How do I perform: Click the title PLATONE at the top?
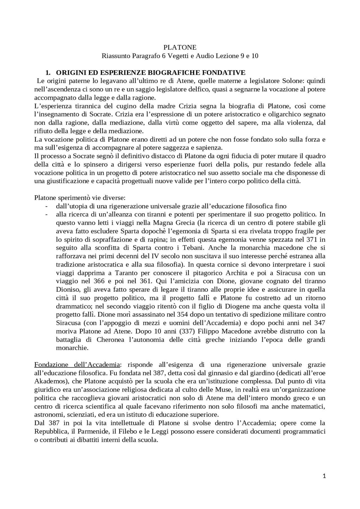click(180, 47)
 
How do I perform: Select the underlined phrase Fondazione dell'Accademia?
click(77, 365)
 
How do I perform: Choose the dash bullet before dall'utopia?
click(46, 206)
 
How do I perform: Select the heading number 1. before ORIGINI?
click(48, 73)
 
